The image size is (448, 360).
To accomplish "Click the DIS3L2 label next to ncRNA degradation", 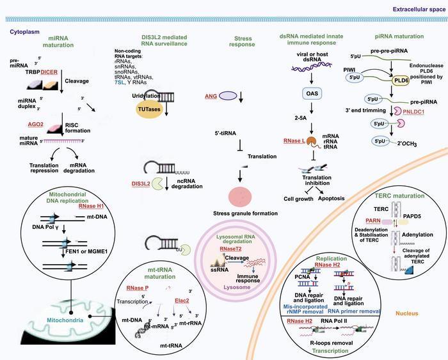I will point(141,183).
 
